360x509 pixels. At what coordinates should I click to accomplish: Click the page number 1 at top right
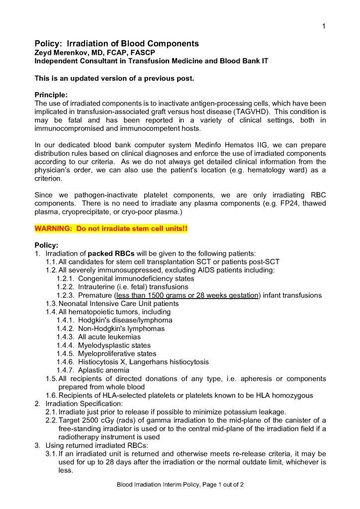click(x=324, y=26)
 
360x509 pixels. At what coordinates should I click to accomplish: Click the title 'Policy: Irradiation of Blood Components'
click(x=116, y=44)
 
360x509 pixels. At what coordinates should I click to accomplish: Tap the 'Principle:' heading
click(x=51, y=95)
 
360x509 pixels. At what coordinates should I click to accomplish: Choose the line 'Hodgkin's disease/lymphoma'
click(x=125, y=320)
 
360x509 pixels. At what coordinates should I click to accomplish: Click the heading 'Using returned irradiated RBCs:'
click(x=93, y=445)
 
